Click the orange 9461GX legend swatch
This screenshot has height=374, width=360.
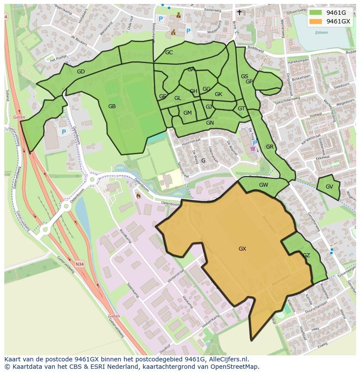316,21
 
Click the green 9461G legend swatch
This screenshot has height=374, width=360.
316,13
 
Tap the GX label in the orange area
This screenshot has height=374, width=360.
242,249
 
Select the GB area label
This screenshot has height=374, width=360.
112,106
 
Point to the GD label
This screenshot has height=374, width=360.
80,72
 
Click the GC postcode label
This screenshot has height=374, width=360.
169,53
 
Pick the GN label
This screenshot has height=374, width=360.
210,123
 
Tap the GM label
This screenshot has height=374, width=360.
187,113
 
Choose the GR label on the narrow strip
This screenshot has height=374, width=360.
270,147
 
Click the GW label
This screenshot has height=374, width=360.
263,185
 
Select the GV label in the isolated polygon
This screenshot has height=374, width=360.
329,187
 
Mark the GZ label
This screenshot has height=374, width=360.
306,255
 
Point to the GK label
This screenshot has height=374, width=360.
218,94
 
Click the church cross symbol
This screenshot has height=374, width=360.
239,13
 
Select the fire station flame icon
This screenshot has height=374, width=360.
138,196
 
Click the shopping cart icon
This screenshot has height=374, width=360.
253,149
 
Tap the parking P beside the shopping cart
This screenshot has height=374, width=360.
255,142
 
